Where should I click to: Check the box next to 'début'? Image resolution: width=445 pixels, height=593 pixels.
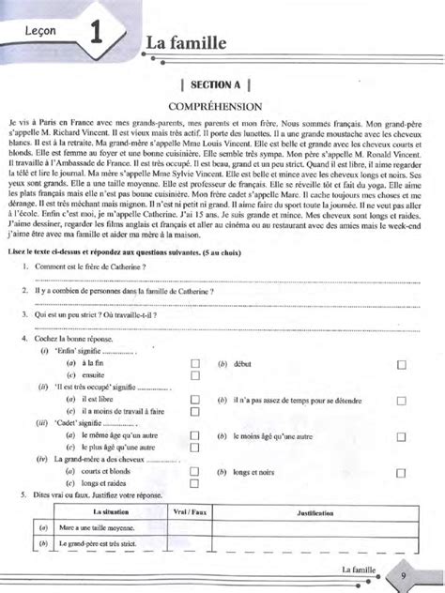click(401, 362)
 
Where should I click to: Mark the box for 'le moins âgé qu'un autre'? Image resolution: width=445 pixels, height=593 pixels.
click(401, 436)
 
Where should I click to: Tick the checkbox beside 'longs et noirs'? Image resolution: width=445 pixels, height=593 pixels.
click(401, 472)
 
